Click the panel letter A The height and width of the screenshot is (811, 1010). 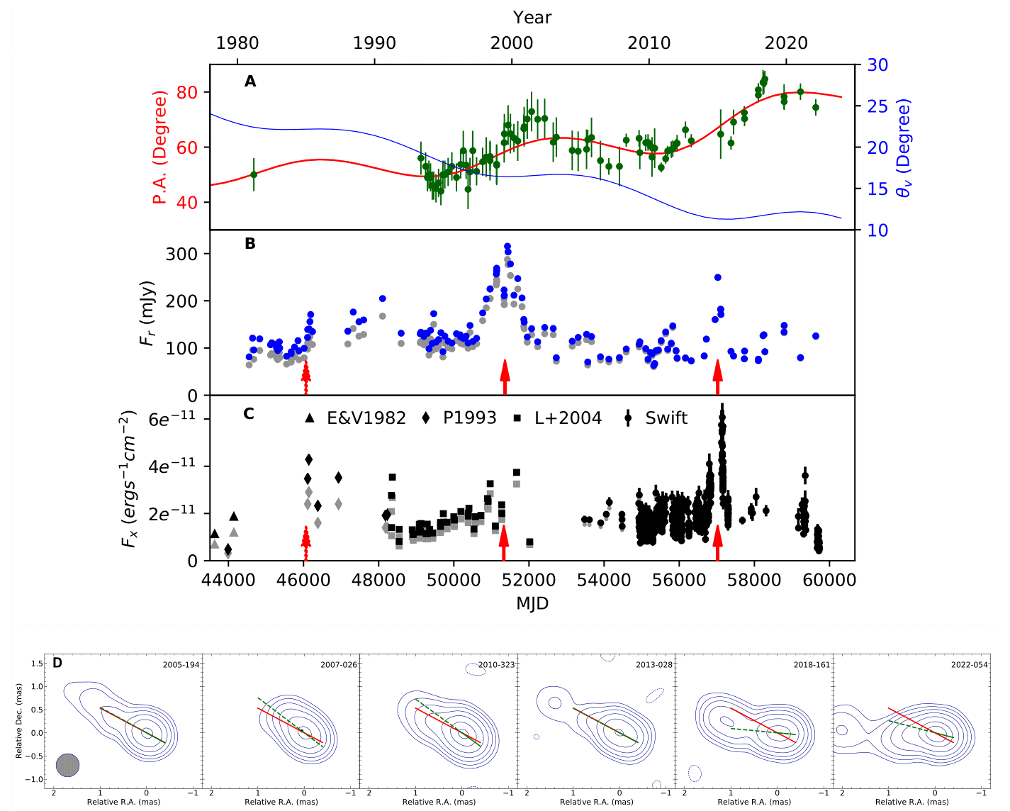click(250, 82)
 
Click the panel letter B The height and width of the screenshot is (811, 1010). click(250, 243)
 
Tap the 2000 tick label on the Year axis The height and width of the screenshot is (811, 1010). click(512, 43)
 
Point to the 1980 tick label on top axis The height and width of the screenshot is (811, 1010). click(237, 43)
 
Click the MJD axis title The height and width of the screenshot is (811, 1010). click(532, 603)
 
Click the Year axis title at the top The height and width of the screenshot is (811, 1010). click(532, 18)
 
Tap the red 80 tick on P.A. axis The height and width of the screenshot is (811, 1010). click(189, 92)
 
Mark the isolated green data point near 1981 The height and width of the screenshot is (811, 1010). click(254, 174)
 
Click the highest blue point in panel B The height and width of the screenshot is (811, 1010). click(507, 247)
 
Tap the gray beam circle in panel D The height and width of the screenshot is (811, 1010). click(68, 765)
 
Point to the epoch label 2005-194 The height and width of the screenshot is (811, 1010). click(181, 665)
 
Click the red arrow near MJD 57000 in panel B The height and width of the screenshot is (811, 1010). click(717, 376)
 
